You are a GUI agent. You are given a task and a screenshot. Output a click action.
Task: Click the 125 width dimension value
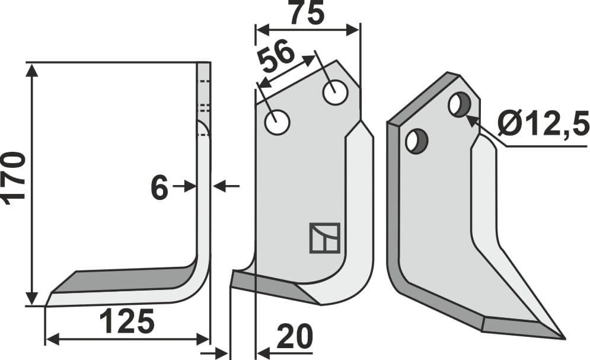[x=126, y=322]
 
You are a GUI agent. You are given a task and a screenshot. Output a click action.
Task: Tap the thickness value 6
[x=160, y=188]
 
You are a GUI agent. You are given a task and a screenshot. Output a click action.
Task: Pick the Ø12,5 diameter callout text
[x=543, y=125]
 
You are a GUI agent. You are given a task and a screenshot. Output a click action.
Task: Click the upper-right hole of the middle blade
[x=334, y=93]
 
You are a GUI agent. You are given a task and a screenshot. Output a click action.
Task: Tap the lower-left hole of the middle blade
[x=277, y=123]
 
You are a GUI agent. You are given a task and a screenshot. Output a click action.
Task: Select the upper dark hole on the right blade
[x=459, y=105]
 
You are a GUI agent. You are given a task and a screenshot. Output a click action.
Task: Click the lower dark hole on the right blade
[x=416, y=142]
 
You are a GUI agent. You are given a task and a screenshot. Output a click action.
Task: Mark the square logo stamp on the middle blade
[x=324, y=238]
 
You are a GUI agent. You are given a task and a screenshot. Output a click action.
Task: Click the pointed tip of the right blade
[x=563, y=338]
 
